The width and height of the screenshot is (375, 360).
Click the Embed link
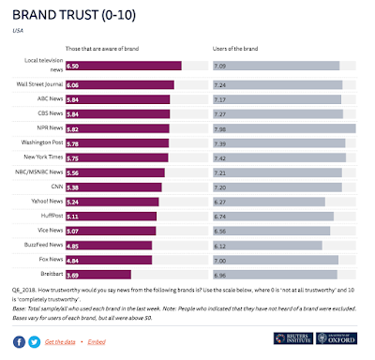click(x=97, y=343)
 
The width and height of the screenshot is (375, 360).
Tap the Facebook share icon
click(x=19, y=343)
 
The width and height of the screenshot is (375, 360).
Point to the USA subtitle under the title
click(x=18, y=30)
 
